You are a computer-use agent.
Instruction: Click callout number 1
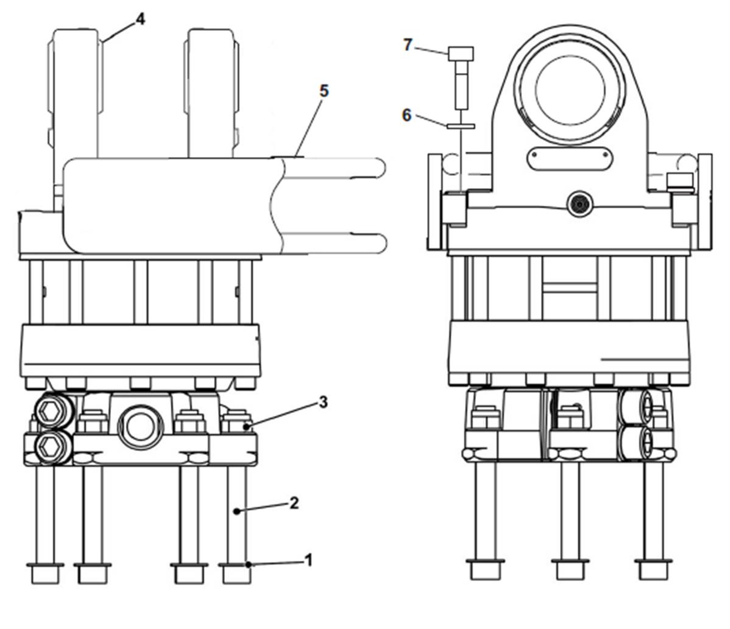(308, 560)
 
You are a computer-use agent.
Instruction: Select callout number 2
(294, 503)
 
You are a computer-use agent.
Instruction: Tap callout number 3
(323, 402)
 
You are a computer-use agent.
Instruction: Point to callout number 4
(140, 19)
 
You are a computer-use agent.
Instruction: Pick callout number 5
(324, 91)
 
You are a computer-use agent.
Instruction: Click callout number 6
(407, 115)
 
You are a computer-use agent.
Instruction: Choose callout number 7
(408, 44)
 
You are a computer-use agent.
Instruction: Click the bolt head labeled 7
(461, 54)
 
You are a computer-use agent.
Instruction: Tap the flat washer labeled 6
(461, 125)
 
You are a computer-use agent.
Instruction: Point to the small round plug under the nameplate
(579, 204)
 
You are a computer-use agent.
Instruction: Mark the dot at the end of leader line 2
(237, 511)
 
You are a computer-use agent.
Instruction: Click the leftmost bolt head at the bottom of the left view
(45, 573)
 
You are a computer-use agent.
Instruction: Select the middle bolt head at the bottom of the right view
(569, 569)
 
